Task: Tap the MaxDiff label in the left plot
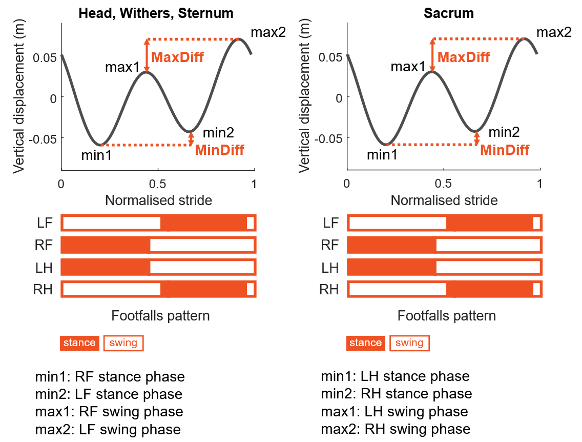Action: (178, 57)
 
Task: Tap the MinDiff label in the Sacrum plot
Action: (504, 150)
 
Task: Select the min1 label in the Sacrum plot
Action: (382, 154)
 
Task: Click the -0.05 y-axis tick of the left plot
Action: (45, 138)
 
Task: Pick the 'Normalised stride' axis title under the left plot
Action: (158, 200)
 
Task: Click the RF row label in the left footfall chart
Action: (45, 245)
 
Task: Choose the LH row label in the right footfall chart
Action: (330, 268)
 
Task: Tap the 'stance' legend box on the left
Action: (79, 343)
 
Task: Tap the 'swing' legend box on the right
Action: (409, 343)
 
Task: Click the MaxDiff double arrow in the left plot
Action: (147, 55)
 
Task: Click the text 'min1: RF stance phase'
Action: (110, 377)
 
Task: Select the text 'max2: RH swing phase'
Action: (396, 429)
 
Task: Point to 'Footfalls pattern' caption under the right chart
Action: (446, 316)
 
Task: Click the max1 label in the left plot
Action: (122, 67)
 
